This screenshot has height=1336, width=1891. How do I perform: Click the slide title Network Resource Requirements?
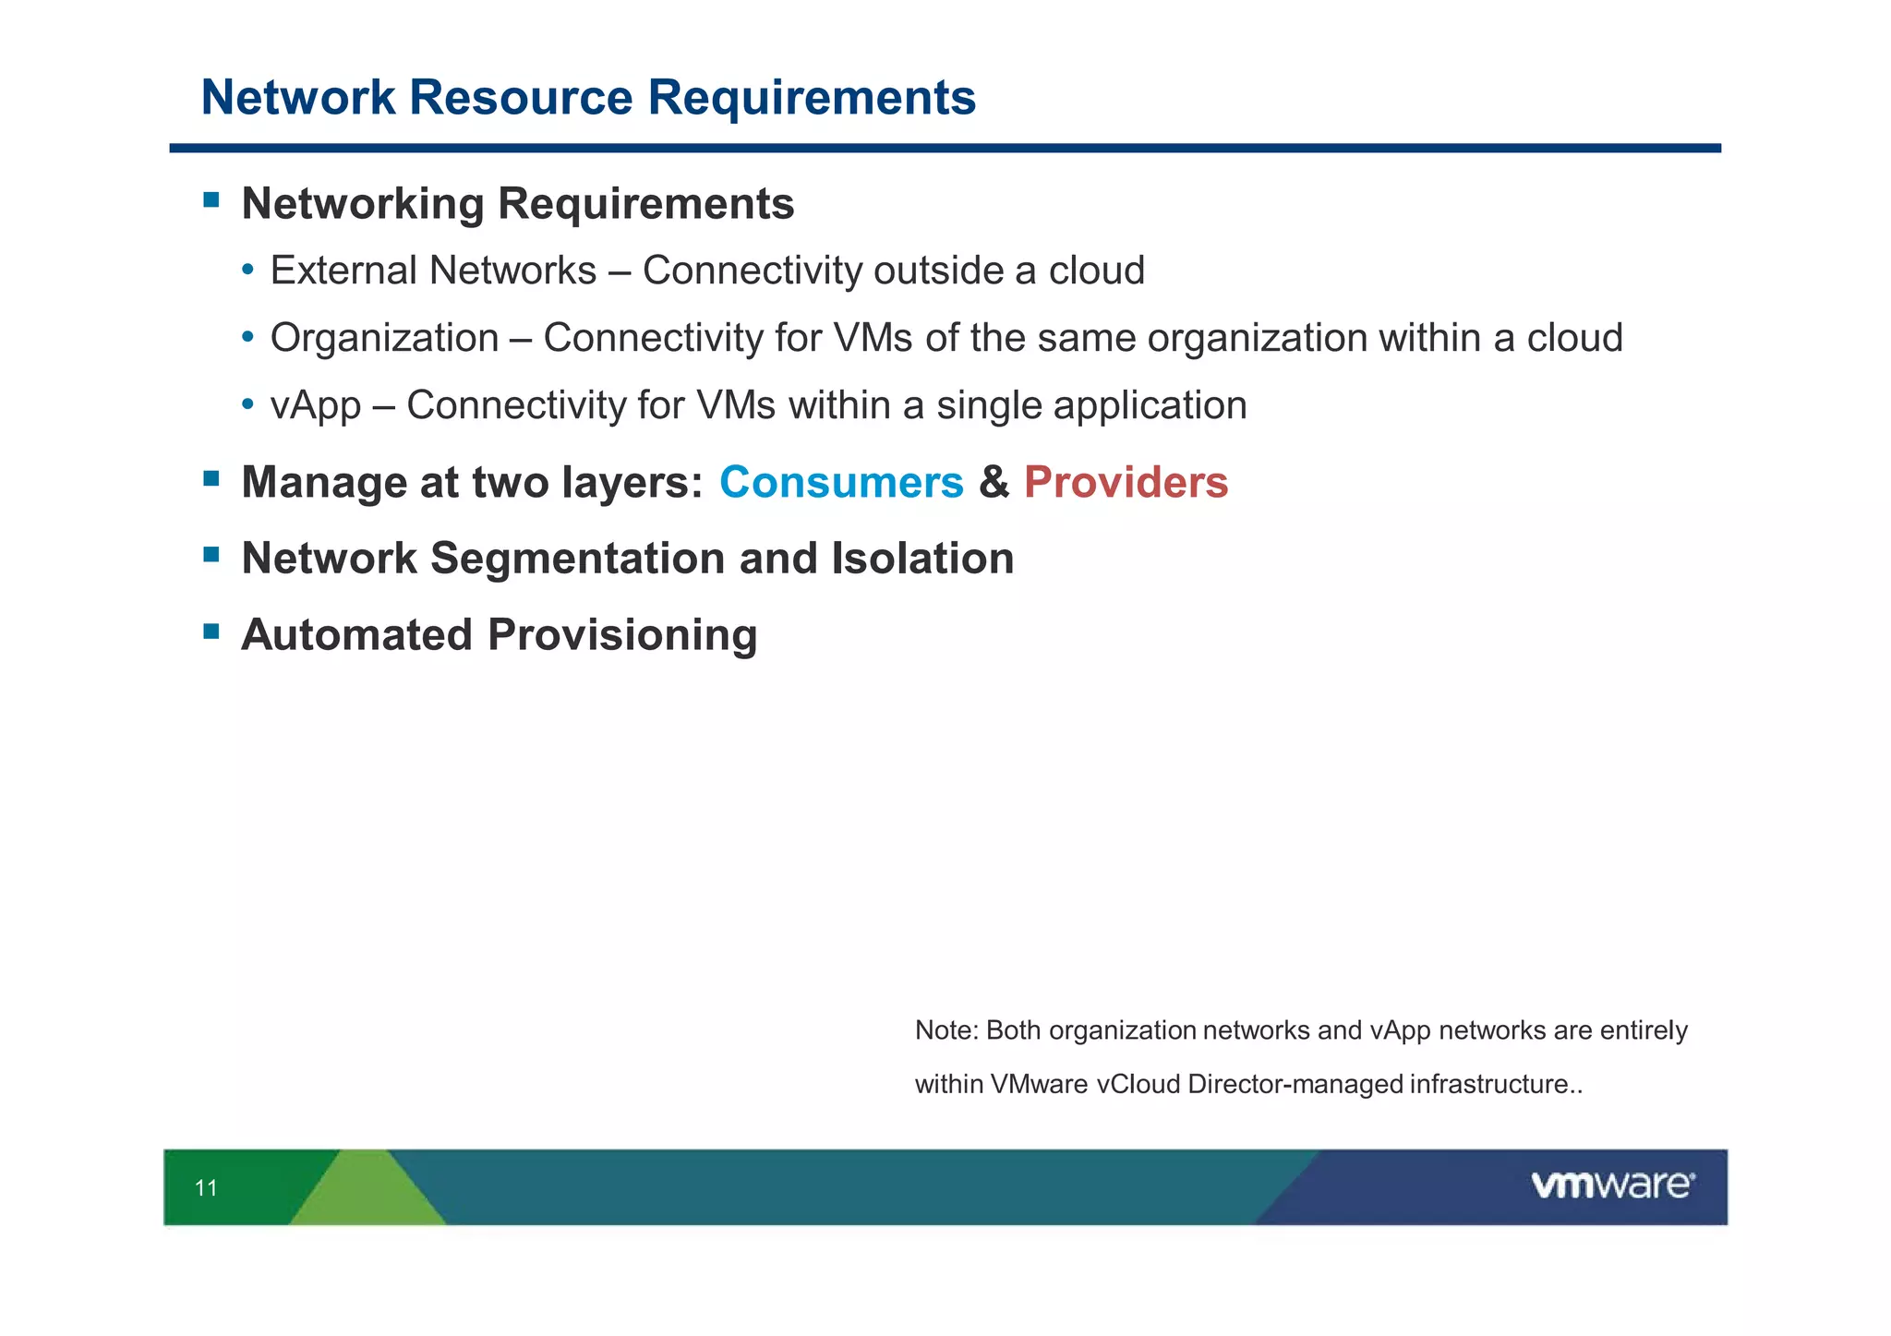[x=588, y=97]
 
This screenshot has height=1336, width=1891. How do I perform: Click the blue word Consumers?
[x=840, y=482]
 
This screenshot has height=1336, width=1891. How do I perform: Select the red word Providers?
[x=1126, y=482]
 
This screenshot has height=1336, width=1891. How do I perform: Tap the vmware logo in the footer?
[x=1612, y=1186]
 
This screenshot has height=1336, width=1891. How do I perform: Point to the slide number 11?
[x=206, y=1188]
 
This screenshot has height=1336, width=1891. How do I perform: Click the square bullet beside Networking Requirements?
[x=211, y=199]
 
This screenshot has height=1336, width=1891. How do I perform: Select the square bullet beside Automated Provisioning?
[x=211, y=632]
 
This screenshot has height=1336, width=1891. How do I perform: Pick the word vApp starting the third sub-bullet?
[x=315, y=406]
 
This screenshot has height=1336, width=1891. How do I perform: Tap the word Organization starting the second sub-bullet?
[x=384, y=338]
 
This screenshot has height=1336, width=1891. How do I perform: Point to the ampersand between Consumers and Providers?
[x=994, y=482]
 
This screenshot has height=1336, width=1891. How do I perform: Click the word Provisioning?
[x=621, y=635]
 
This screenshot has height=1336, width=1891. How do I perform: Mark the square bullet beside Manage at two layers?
[x=211, y=478]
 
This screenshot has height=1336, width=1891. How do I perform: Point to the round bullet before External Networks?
[x=247, y=271]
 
